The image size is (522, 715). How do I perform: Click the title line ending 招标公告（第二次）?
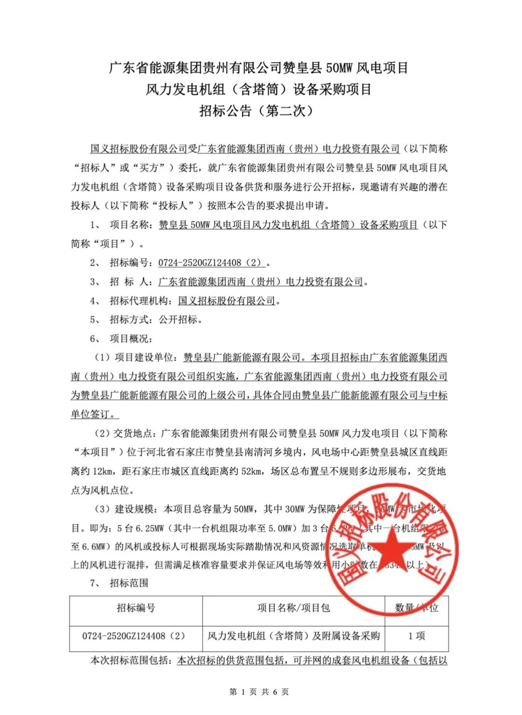pos(258,111)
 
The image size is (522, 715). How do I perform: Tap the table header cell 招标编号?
pos(136,608)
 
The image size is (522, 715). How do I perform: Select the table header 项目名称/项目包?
pos(293,608)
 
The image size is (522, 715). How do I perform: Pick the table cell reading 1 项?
pos(416,636)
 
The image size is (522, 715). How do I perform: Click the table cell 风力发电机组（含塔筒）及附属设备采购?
pos(293,636)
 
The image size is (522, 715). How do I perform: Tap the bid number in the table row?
pos(133,636)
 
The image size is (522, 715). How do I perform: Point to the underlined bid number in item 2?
pos(211,263)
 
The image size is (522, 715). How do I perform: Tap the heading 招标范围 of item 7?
pos(129,583)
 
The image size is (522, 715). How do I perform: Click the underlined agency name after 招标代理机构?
pos(226,301)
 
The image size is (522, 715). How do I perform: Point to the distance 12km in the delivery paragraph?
pos(102,471)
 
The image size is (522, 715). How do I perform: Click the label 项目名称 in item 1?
pos(129,225)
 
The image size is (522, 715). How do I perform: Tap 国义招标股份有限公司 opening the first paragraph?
pos(139,149)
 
